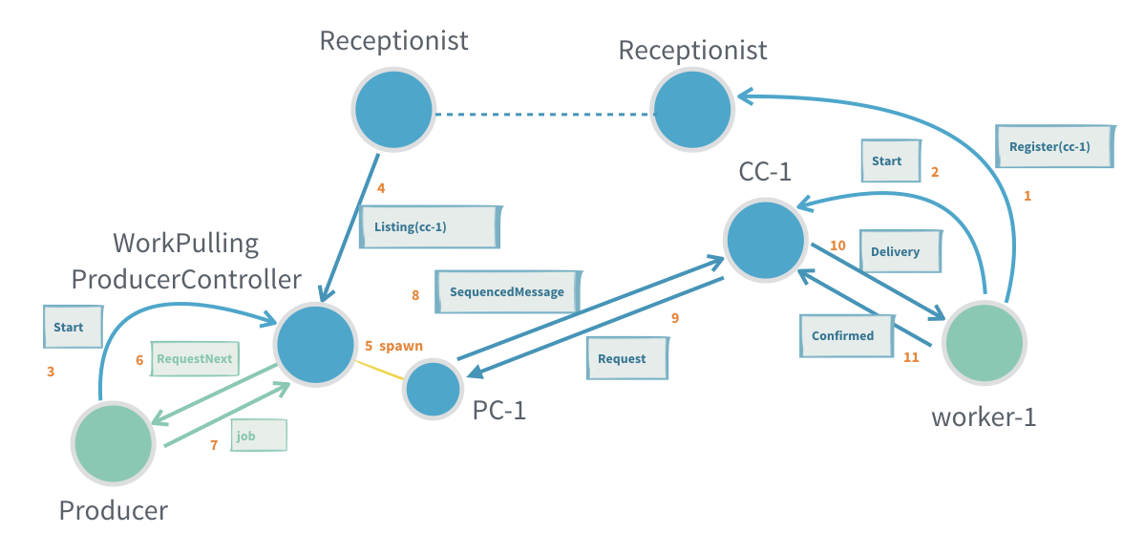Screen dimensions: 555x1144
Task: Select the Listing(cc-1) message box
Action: tap(430, 227)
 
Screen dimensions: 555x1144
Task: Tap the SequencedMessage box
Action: tap(507, 292)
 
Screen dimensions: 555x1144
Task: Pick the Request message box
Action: tap(626, 359)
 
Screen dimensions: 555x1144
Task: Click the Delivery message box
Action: tap(900, 252)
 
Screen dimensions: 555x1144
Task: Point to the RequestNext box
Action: tap(195, 359)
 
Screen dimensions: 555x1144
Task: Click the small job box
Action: tap(256, 436)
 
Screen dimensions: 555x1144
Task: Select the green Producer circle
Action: tap(113, 444)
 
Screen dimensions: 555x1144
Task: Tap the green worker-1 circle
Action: tap(984, 342)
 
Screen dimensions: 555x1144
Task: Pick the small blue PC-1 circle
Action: tap(433, 390)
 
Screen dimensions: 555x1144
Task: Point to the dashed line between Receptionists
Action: tap(544, 115)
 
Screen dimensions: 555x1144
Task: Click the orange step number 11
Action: tap(911, 357)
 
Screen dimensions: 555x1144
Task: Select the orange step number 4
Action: tap(381, 188)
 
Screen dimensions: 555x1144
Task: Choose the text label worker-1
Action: tap(985, 417)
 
